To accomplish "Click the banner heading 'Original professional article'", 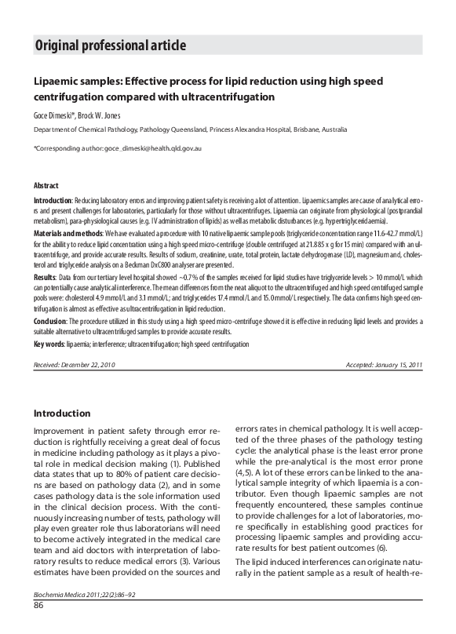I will (111, 46).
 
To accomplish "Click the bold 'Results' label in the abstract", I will (44, 279).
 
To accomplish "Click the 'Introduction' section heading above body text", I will (61, 414).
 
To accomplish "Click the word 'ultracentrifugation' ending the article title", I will (221, 97).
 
